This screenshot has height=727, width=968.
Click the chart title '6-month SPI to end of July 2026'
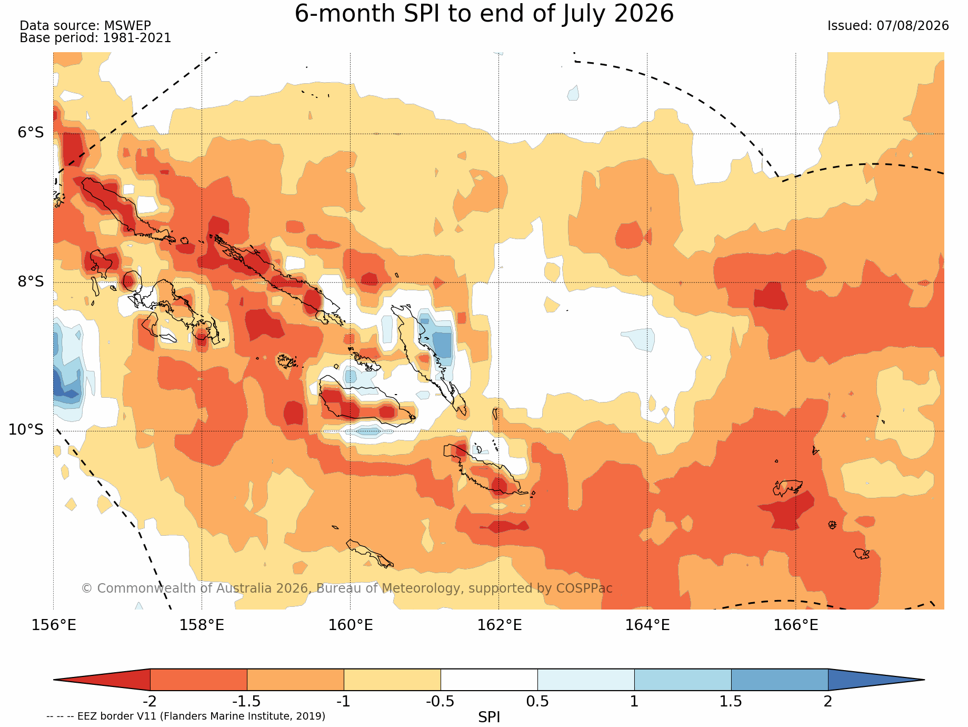click(484, 14)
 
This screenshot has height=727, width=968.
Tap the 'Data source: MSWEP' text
click(85, 25)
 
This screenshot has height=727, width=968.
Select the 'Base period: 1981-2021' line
click(95, 38)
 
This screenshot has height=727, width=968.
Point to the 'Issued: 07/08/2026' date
click(888, 26)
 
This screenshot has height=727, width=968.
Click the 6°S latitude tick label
click(31, 133)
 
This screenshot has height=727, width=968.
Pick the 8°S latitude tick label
click(31, 281)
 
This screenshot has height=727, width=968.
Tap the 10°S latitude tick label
click(26, 430)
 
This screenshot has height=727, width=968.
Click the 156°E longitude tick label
click(54, 625)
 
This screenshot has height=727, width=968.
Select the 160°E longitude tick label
click(351, 625)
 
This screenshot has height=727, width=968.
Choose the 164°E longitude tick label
click(647, 625)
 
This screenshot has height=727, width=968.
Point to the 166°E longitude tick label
click(796, 625)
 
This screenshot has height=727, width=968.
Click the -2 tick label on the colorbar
click(149, 701)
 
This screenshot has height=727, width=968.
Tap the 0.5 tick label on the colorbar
click(537, 701)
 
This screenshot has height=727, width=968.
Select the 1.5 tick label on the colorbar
click(731, 701)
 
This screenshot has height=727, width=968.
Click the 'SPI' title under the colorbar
click(489, 717)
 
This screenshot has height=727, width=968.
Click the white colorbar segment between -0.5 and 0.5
click(489, 680)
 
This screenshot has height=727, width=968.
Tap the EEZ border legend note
click(186, 716)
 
